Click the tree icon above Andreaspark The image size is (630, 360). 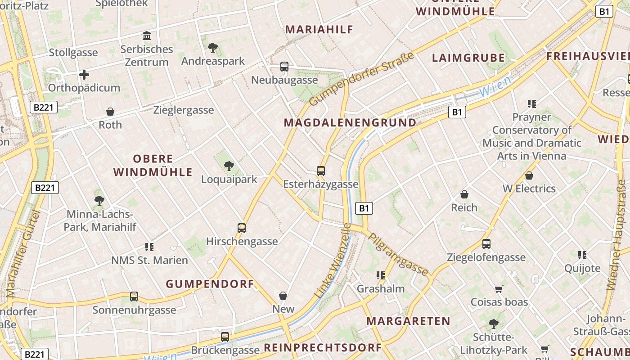point(213,47)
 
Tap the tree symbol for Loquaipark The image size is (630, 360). point(229,166)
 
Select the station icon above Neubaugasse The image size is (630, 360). point(284,67)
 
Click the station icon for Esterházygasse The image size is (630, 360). point(321,171)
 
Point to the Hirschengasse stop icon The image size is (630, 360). point(242,228)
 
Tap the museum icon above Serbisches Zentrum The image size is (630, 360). point(146,36)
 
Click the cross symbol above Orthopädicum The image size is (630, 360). point(84,74)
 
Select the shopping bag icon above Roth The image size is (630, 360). point(110,112)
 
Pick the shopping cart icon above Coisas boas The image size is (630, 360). point(499,289)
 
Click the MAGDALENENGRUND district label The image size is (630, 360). point(350,122)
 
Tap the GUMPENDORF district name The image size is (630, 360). point(210,284)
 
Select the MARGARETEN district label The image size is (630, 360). point(408,321)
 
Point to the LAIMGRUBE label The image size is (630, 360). point(468,58)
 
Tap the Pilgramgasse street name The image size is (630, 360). point(398,254)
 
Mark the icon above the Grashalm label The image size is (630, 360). point(381,275)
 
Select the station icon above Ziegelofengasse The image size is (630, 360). point(486,244)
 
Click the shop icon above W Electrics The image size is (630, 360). point(529,175)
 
